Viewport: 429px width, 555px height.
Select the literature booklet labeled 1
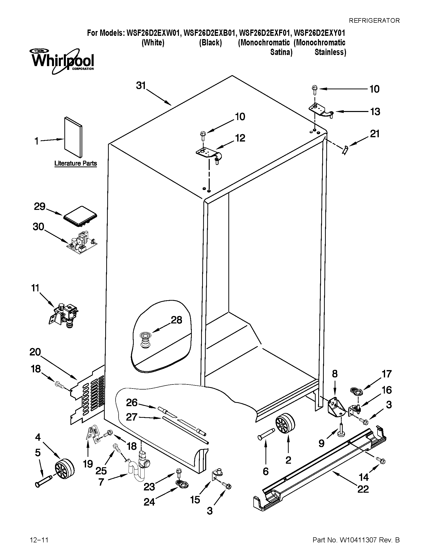pos(73,137)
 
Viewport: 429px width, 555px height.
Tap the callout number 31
pos(141,86)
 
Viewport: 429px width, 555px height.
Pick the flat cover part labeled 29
pos(80,216)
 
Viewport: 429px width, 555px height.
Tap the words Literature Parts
pos(75,163)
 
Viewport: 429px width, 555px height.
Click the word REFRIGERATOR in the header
pos(374,20)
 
